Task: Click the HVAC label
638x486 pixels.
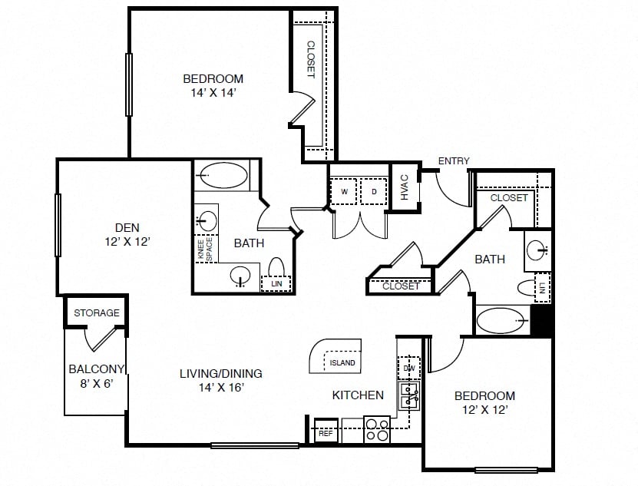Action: pos(405,187)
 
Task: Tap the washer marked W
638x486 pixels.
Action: pos(344,191)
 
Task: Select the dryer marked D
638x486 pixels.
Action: pos(374,191)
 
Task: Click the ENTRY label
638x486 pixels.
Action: pos(454,160)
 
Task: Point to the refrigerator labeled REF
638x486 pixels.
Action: pos(326,431)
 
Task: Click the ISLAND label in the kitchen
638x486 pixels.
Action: pos(342,362)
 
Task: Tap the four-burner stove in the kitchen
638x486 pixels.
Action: pos(377,429)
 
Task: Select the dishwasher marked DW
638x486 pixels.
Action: pos(409,368)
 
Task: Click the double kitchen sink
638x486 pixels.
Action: pos(410,396)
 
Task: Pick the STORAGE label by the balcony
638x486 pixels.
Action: pos(97,312)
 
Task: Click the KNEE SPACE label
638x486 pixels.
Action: pos(205,249)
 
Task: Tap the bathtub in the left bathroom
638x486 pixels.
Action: pos(223,175)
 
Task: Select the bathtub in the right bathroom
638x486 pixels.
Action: pos(500,320)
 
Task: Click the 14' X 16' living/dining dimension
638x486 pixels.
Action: pos(221,387)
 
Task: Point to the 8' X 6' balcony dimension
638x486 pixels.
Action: pos(97,383)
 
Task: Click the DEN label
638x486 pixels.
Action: pos(127,227)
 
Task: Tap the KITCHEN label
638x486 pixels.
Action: pos(358,395)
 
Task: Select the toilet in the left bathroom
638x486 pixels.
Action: pos(276,267)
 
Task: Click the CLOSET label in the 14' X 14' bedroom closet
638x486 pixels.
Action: pos(310,59)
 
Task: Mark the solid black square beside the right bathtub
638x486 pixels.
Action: pos(540,320)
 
